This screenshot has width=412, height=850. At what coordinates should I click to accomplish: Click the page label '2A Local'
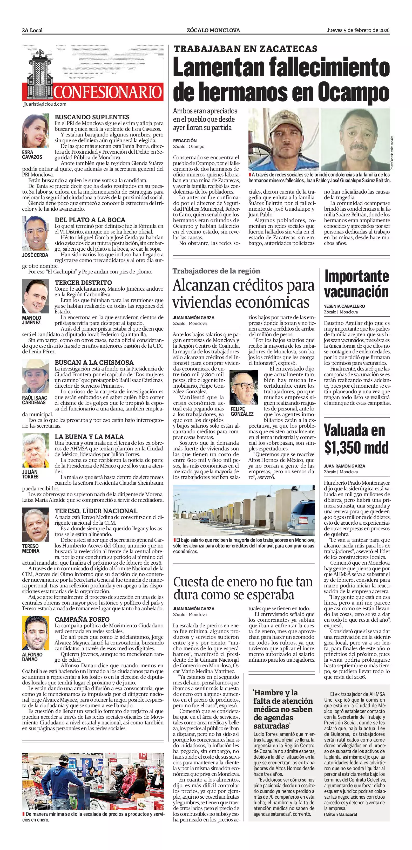(x=32, y=30)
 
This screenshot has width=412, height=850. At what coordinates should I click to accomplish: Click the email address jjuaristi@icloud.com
(x=45, y=104)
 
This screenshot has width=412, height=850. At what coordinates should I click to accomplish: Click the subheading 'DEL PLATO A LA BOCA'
(x=90, y=220)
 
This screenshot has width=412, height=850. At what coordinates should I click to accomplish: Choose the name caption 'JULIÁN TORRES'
(x=30, y=474)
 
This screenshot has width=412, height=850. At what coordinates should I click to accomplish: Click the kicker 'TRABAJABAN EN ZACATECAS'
(x=245, y=49)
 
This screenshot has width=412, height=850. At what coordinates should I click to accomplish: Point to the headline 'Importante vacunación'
(x=356, y=284)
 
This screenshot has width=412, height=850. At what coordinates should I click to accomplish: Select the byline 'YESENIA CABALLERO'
(x=344, y=306)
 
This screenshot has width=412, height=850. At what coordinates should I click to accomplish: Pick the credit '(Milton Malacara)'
(x=340, y=814)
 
